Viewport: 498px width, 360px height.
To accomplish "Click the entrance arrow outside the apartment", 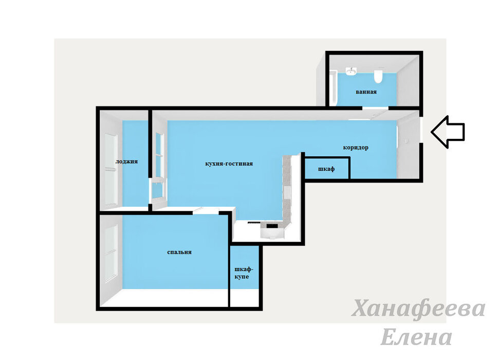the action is click(448, 132).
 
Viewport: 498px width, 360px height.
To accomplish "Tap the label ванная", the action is click(366, 92).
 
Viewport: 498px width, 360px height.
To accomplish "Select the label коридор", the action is click(356, 148).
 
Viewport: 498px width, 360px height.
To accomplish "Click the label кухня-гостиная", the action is click(229, 164).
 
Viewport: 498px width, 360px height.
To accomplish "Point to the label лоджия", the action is click(126, 161).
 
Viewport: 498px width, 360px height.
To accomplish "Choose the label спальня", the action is click(179, 252).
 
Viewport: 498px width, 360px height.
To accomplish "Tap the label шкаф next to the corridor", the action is click(326, 169).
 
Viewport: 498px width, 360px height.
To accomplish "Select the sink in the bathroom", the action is click(351, 71).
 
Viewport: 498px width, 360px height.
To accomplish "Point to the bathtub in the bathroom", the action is click(333, 88).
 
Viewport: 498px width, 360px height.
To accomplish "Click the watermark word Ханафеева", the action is click(419, 309).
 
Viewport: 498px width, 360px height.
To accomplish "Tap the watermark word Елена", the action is click(416, 337).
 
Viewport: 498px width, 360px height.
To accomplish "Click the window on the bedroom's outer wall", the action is click(111, 253).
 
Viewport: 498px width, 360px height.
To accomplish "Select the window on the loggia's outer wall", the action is click(111, 169).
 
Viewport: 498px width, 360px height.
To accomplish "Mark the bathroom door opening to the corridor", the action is click(375, 109).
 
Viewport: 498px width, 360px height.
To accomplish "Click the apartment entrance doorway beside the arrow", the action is click(421, 130).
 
